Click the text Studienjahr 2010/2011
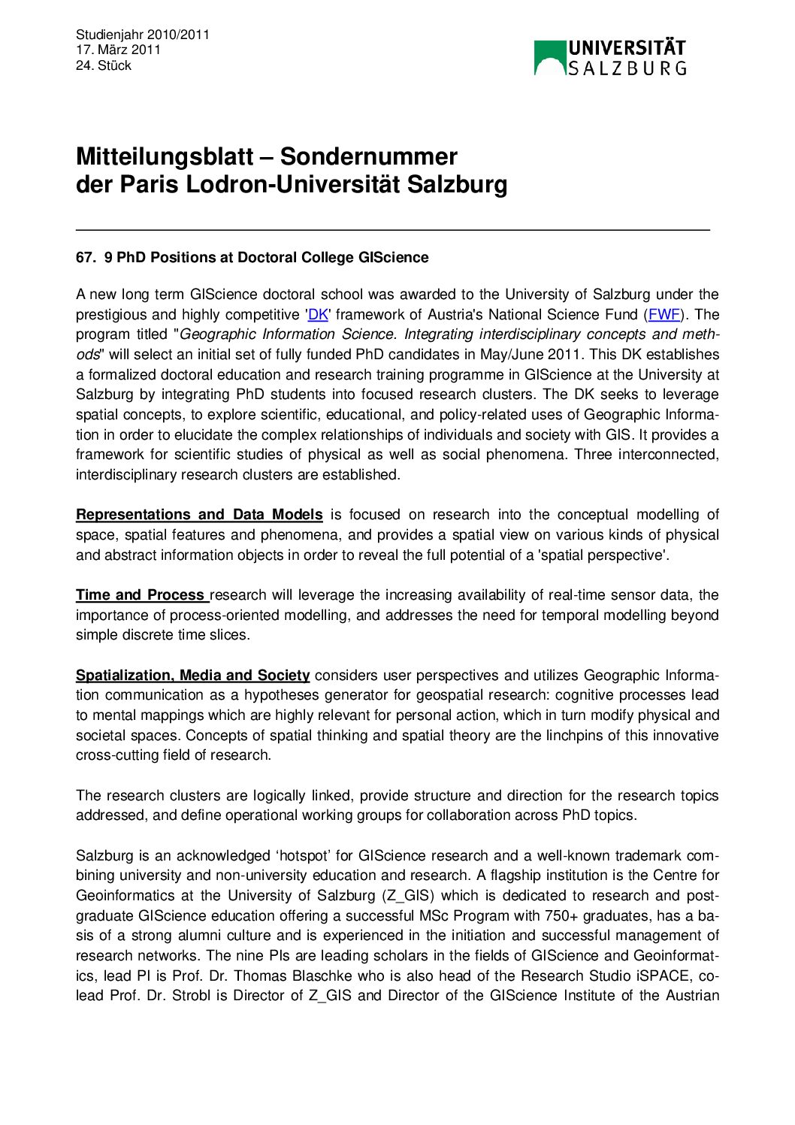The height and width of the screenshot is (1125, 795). pos(143,35)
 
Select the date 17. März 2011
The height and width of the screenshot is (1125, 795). pos(118,50)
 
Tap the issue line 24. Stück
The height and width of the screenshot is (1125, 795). pos(104,66)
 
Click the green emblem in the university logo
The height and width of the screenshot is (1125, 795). pos(549,58)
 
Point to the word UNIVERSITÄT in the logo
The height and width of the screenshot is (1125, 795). pos(627,48)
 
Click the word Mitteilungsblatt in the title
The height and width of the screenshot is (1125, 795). pos(165,156)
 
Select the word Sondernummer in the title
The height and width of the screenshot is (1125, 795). pos(368,156)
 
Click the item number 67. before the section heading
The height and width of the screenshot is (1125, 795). pos(86,258)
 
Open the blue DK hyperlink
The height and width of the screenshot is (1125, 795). pos(319,315)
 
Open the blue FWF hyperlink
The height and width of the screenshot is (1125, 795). pos(664,315)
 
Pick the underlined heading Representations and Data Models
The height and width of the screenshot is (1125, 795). pos(199,515)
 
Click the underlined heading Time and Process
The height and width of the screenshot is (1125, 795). pos(141,595)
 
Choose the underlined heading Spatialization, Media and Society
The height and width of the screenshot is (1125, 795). pos(192,676)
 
